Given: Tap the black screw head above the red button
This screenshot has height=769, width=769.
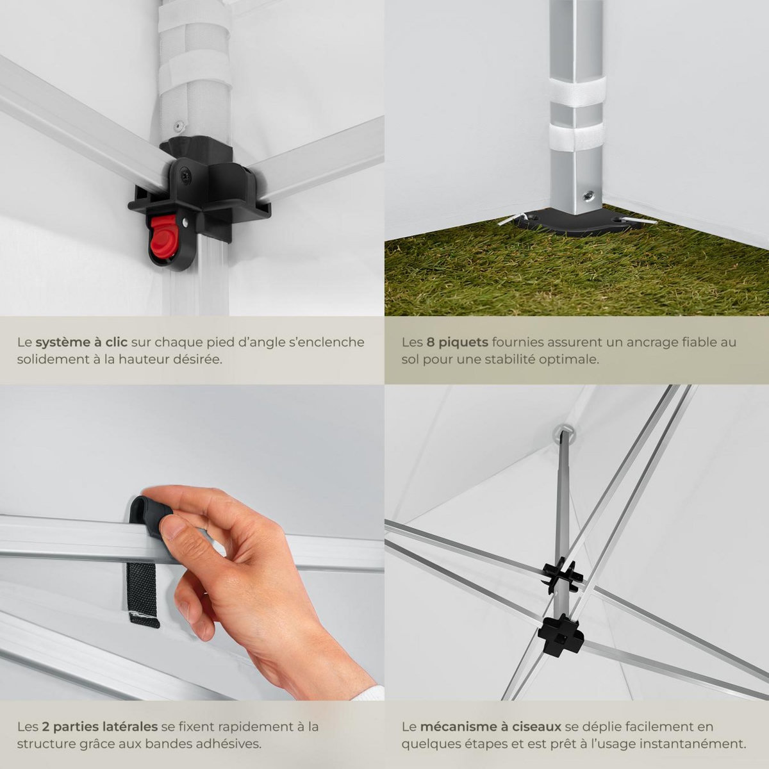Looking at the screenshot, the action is [x=186, y=176].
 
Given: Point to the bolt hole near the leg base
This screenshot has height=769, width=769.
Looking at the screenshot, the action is [x=587, y=195].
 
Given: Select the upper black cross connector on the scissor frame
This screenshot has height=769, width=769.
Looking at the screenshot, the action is [x=562, y=575].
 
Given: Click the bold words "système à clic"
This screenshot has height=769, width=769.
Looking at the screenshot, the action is [x=81, y=342].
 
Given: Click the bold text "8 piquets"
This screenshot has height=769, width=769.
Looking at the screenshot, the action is [x=458, y=342].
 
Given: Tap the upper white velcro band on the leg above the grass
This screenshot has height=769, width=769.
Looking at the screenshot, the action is [x=577, y=92].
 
